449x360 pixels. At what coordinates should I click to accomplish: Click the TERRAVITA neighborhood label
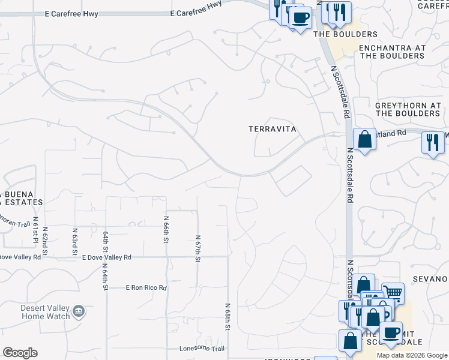(273, 129)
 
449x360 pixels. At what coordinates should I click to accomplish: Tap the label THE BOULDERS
(346, 34)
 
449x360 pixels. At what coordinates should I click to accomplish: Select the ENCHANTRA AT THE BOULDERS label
(392, 52)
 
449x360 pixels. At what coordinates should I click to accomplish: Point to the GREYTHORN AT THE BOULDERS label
(408, 109)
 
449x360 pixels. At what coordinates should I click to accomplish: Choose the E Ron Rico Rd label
(146, 288)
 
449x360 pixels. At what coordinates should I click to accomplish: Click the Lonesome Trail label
(202, 349)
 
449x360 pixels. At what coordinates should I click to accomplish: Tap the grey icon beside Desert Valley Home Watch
(79, 311)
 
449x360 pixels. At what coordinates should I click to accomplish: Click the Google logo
(20, 353)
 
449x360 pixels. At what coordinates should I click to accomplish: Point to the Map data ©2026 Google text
(411, 355)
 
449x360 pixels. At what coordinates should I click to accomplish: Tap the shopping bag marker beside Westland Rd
(364, 140)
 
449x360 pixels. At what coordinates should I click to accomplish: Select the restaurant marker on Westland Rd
(433, 143)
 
